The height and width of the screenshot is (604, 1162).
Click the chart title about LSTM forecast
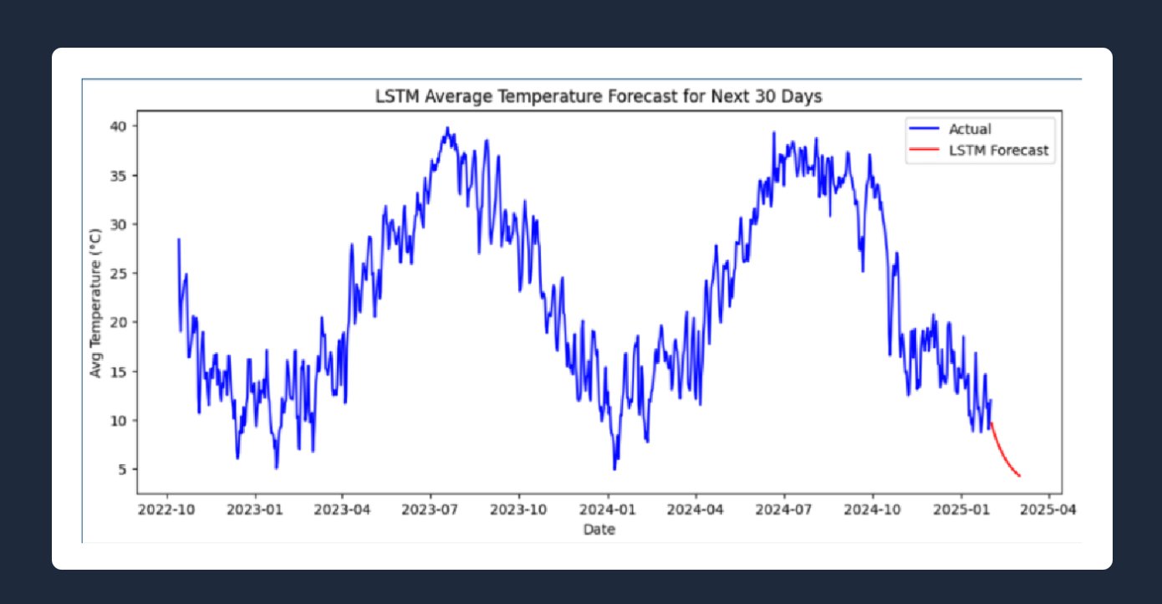click(598, 97)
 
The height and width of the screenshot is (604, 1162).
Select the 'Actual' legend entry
click(969, 129)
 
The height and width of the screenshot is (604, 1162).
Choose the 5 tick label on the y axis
click(124, 469)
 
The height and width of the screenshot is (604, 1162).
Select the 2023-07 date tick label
click(431, 509)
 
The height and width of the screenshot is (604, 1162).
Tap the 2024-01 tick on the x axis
click(609, 509)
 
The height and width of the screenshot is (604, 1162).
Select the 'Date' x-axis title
click(599, 530)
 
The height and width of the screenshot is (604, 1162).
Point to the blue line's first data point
click(178, 240)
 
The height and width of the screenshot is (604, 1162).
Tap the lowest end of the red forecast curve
click(1020, 476)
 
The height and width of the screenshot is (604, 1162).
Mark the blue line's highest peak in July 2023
click(448, 128)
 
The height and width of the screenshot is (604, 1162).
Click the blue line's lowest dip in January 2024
click(614, 468)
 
